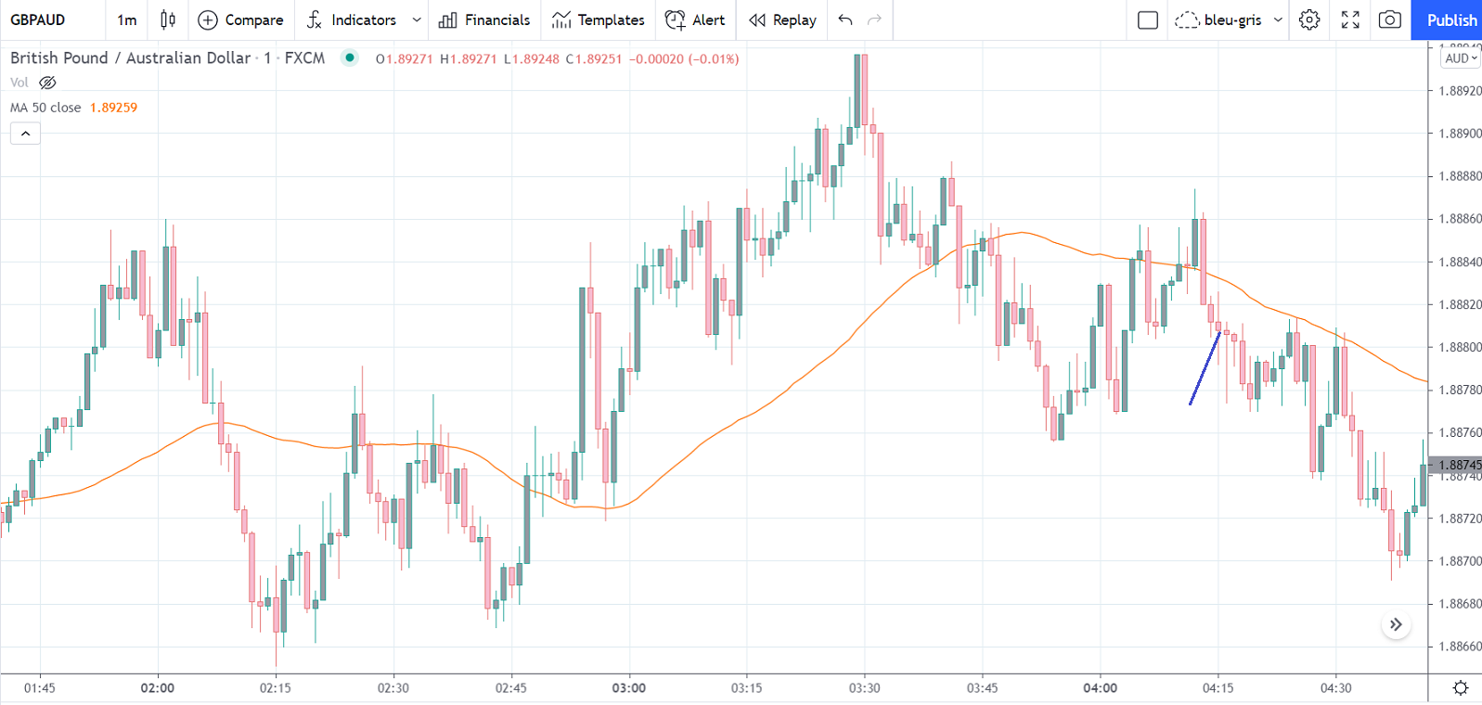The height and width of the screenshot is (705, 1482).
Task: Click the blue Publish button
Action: (1450, 19)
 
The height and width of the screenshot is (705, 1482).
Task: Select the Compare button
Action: (241, 19)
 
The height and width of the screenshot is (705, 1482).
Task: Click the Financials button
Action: (484, 19)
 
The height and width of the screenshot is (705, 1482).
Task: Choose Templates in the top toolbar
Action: (599, 19)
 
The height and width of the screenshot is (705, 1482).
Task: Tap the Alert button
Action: (696, 19)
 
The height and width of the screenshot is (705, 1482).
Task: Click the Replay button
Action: (783, 19)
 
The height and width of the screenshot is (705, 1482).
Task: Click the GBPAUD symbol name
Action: (38, 19)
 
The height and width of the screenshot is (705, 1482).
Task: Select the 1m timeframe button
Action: (127, 19)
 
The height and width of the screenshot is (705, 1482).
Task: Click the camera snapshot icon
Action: (1389, 19)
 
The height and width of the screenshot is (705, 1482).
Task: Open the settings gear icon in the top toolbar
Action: (1309, 19)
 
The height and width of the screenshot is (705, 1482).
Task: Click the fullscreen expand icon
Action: (1350, 19)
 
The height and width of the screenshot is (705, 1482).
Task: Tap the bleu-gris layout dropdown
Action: (1229, 19)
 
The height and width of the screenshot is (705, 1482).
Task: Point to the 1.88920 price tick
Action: (1460, 91)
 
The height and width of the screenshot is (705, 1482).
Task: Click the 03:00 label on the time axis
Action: (628, 688)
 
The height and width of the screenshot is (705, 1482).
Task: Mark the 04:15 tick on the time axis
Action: (1218, 688)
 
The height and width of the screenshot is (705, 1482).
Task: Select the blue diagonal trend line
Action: (1205, 368)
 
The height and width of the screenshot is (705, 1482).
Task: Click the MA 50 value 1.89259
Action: (113, 108)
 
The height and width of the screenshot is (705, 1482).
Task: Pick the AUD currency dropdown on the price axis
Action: (1461, 58)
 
